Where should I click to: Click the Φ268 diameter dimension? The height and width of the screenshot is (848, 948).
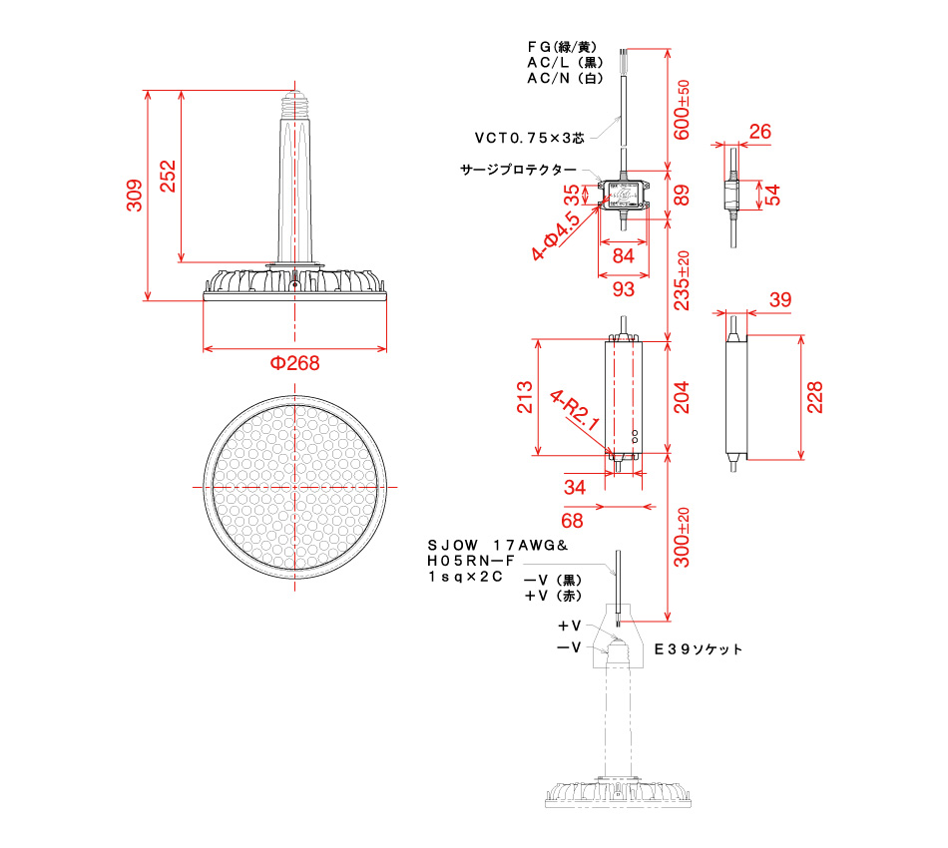(x=295, y=363)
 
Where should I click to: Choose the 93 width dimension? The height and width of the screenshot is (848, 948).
(x=623, y=288)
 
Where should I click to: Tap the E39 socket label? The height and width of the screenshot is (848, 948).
(x=699, y=648)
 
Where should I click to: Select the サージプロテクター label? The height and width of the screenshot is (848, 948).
(x=518, y=170)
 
